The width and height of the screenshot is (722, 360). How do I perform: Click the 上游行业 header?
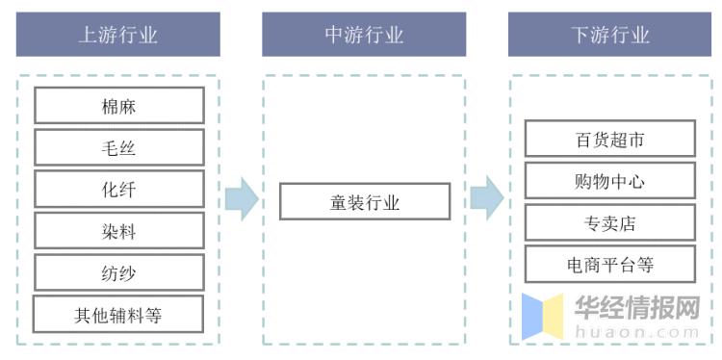[x=117, y=36]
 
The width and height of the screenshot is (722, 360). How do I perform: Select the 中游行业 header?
[x=364, y=36]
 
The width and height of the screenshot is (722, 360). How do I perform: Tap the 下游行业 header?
[x=609, y=36]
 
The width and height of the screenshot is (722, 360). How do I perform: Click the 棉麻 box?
[x=118, y=106]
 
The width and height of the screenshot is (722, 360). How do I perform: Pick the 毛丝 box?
[x=118, y=147]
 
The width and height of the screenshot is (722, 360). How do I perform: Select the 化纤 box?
[x=118, y=190]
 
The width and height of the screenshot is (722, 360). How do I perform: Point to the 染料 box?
[x=118, y=231]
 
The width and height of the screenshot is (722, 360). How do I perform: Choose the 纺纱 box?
[x=118, y=273]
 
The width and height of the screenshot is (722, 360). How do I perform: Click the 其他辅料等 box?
[x=118, y=315]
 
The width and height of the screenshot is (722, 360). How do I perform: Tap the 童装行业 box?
[x=364, y=203]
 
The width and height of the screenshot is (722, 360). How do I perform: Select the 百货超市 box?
[x=609, y=140]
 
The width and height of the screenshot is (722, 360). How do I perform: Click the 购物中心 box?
[x=609, y=181]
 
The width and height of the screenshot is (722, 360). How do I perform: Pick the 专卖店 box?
[x=609, y=223]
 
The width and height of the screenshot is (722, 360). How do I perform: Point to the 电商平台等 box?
[x=609, y=265]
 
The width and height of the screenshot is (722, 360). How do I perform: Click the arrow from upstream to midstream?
[x=241, y=199]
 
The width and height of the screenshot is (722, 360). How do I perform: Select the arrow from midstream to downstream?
[x=487, y=198]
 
